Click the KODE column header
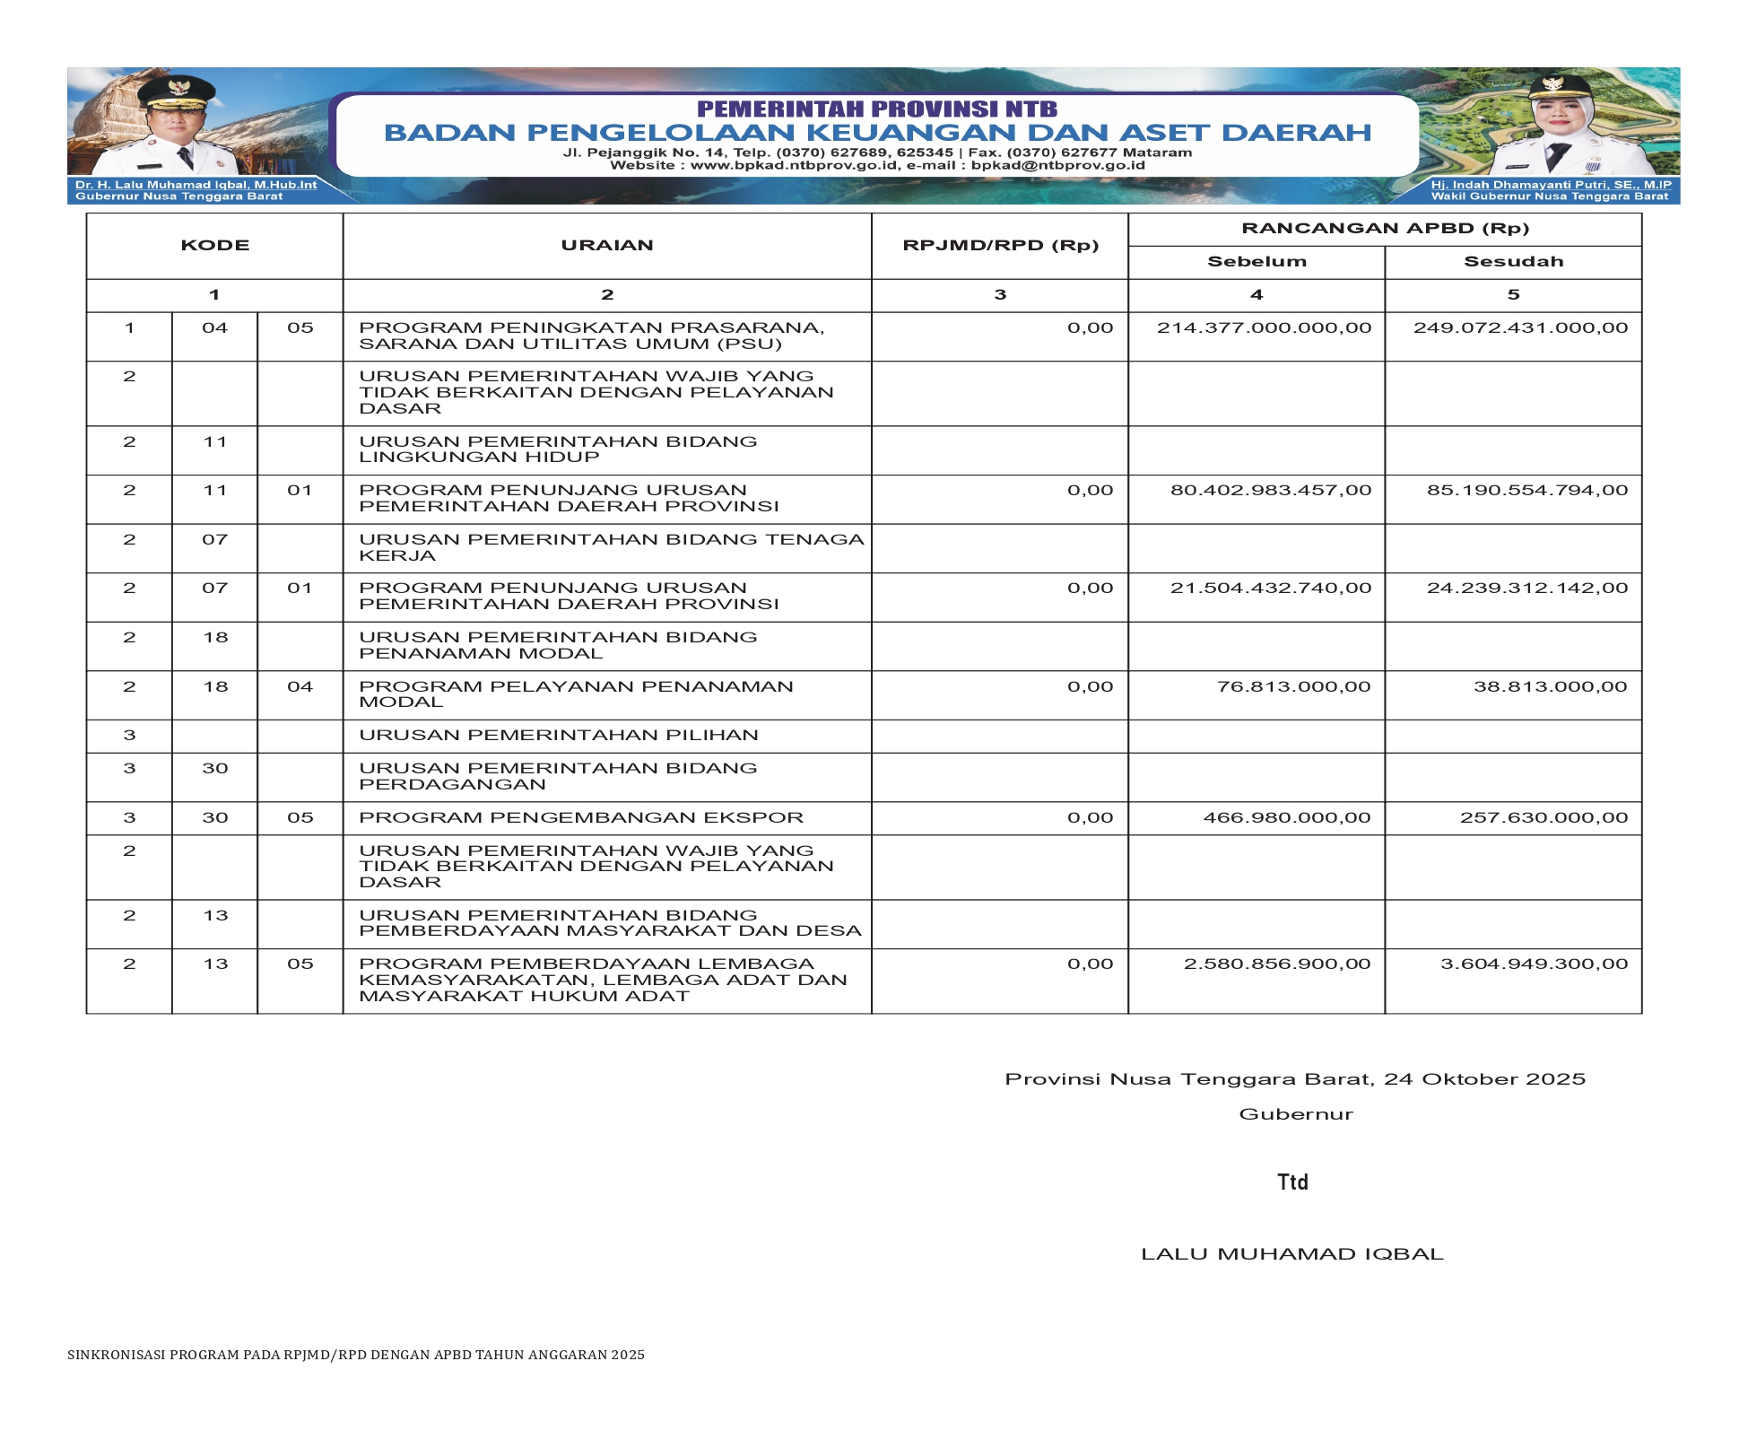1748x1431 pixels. tap(214, 245)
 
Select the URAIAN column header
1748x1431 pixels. tap(607, 245)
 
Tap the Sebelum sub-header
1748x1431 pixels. tap(1257, 262)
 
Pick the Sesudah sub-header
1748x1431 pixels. tap(1513, 262)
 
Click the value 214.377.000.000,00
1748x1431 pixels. tap(1264, 328)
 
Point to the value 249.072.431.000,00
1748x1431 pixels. tap(1520, 328)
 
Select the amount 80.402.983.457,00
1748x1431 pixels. tap(1270, 491)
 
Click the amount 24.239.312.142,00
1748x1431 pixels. tap(1526, 589)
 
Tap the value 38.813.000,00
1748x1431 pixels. tap(1550, 687)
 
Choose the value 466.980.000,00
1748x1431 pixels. tap(1286, 818)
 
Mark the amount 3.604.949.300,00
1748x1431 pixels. tap(1534, 964)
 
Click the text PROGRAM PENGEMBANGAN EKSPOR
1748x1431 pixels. tap(581, 818)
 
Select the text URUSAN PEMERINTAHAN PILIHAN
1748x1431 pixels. tap(559, 736)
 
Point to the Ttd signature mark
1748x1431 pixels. tap(1292, 1182)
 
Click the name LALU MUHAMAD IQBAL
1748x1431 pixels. tap(1291, 1254)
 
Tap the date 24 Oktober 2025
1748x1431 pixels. tap(1484, 1079)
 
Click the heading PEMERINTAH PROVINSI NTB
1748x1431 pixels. tap(877, 109)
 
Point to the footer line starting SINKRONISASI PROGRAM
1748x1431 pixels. tap(356, 1355)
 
